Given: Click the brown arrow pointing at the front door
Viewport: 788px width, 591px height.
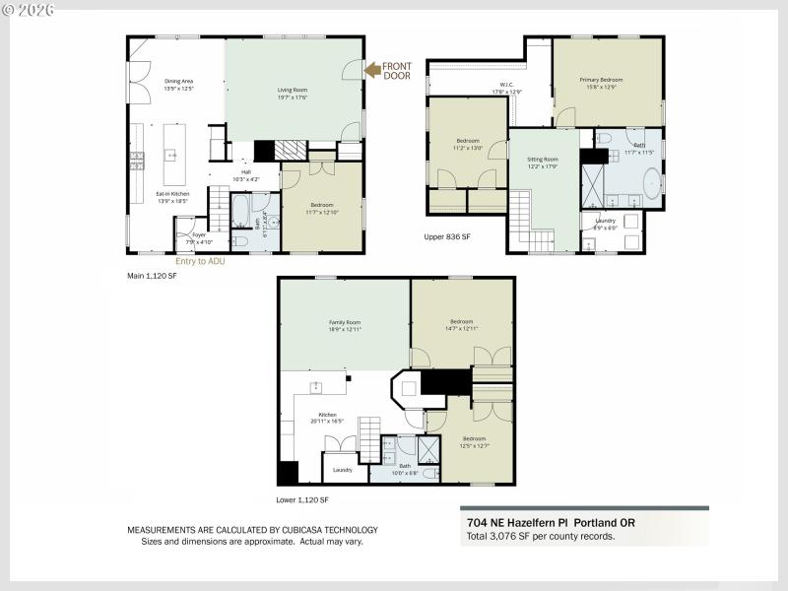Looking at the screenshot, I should pyautogui.click(x=373, y=69).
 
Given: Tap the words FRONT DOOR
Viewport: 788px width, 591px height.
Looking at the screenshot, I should pyautogui.click(x=398, y=69).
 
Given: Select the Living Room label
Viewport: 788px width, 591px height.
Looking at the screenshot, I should pyautogui.click(x=292, y=93).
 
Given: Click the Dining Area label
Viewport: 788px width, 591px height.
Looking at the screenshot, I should pyautogui.click(x=178, y=83).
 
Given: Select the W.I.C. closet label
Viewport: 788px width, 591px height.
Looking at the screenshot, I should pyautogui.click(x=506, y=88).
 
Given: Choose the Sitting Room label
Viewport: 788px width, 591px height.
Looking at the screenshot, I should pyautogui.click(x=543, y=162).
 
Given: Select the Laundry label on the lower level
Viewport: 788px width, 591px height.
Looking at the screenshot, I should pyautogui.click(x=343, y=470).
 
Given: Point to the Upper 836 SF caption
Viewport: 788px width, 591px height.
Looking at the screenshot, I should pyautogui.click(x=446, y=237).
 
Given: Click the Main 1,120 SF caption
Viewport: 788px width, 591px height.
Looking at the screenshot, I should pyautogui.click(x=152, y=277).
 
